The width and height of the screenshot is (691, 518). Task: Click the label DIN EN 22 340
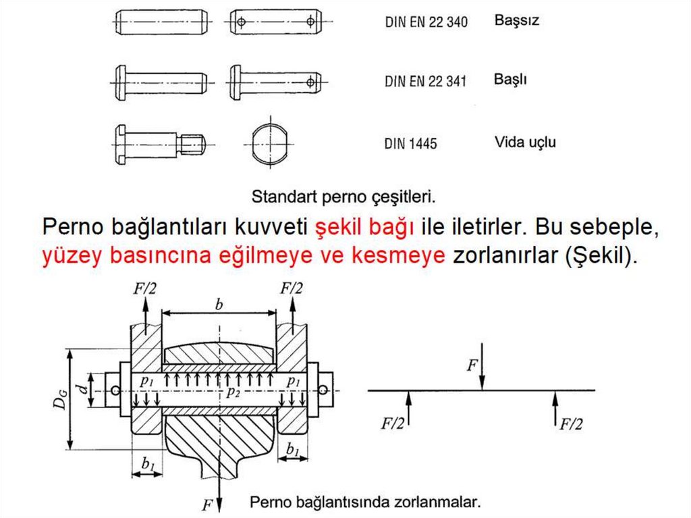coord(426,22)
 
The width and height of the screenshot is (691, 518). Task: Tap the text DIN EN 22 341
coord(425,81)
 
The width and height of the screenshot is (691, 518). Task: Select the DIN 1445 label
coord(410,143)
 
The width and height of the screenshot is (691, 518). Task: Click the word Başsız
coord(516,21)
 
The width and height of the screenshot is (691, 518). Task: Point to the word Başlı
coord(510,80)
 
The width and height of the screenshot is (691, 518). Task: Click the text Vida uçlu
coord(525,143)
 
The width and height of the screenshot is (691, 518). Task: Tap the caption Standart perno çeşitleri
coord(343,197)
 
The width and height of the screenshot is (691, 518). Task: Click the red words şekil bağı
coord(364,227)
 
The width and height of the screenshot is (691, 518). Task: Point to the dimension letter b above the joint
coord(219,305)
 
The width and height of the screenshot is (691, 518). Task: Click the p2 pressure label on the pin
coord(233,392)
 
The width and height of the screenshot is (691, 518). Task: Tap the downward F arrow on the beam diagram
coord(482,367)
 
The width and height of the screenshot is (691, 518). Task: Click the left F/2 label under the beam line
coord(392,423)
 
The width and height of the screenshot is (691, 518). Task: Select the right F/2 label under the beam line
coord(571,424)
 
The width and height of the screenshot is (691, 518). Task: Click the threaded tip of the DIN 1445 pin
coord(192,145)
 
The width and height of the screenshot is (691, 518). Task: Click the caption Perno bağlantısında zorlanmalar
coord(365,502)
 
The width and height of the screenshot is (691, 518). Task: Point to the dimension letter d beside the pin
coord(82,389)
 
